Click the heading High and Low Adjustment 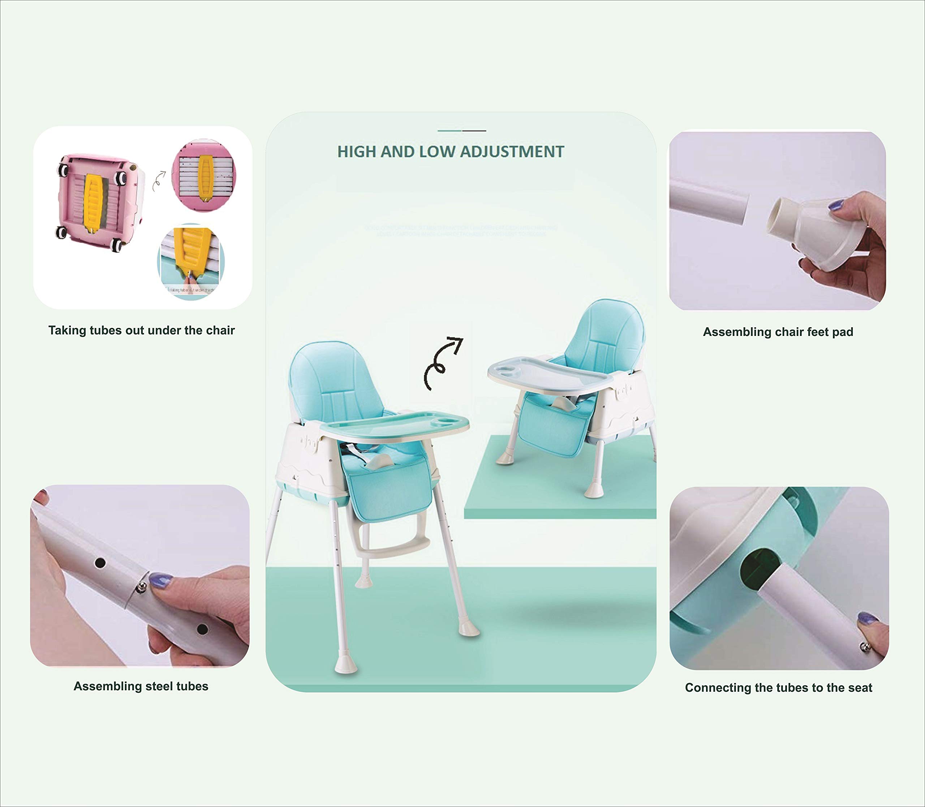click(x=451, y=152)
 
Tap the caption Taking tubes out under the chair click(x=141, y=330)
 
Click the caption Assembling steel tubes click(x=141, y=686)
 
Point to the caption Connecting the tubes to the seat click(x=778, y=688)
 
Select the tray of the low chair click(x=549, y=372)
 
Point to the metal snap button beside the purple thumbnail click(x=865, y=647)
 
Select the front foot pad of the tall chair click(x=346, y=666)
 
